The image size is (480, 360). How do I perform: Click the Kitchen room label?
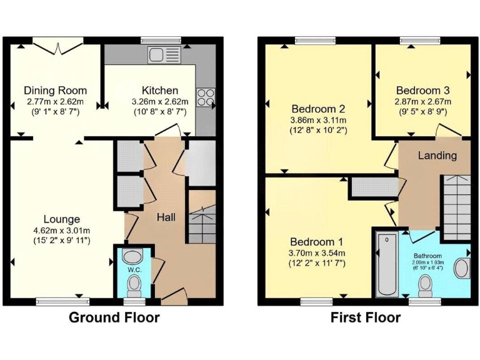(160, 91)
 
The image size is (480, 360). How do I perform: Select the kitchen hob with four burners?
(206, 96)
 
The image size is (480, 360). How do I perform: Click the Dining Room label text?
(56, 91)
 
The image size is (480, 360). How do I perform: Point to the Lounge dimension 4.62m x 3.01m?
(62, 230)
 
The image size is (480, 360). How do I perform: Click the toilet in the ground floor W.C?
(132, 286)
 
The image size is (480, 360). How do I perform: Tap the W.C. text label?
(132, 270)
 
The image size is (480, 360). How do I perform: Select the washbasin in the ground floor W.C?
(132, 256)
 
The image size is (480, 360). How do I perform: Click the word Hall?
(166, 217)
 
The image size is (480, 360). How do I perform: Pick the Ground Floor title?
(114, 317)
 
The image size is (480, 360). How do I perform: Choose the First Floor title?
(366, 317)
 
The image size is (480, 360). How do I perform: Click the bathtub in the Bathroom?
(387, 265)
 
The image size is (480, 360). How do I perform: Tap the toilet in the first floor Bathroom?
(426, 286)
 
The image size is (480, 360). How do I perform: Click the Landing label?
(437, 155)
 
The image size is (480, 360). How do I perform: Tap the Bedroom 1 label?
(317, 242)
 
